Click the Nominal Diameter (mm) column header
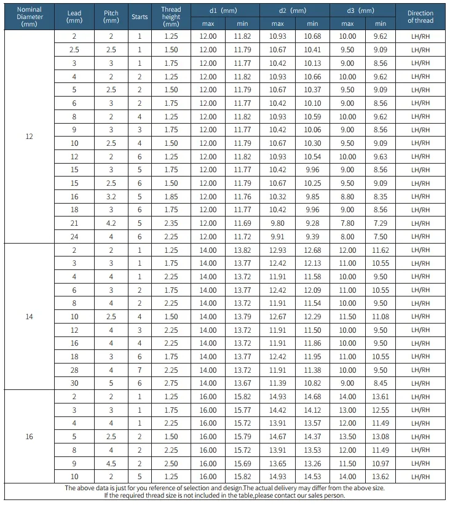pos(29,17)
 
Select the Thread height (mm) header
pos(171,17)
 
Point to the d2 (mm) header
pos(294,10)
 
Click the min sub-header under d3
pos(381,23)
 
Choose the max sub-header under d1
pos(208,23)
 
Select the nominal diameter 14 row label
pos(29,316)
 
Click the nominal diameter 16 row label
pos(29,436)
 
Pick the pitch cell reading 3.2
pos(111,196)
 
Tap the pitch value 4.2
pos(111,223)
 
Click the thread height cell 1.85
pos(171,196)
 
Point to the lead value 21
pos(74,223)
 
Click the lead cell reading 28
pos(74,370)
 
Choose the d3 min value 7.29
pos(381,223)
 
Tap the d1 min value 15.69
pos(242,463)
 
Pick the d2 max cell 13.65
pos(278,463)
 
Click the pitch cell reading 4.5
pos(111,463)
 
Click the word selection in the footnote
pos(196,488)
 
